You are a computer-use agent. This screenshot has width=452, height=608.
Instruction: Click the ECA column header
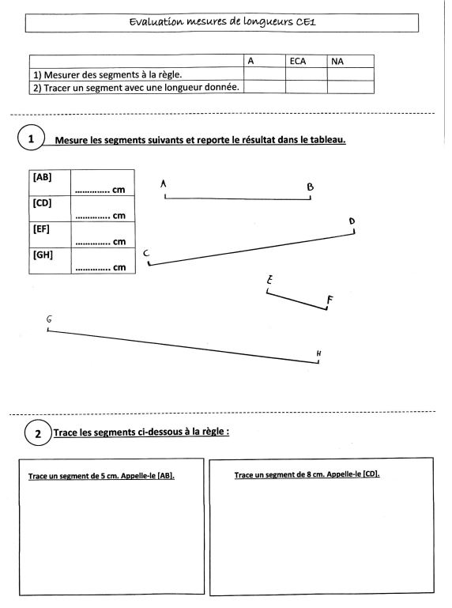pos(298,61)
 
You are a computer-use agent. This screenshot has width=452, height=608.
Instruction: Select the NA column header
pos(337,61)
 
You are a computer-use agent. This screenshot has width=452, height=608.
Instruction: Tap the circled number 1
pos(31,138)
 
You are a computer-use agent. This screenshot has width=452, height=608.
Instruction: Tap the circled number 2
pos(38,432)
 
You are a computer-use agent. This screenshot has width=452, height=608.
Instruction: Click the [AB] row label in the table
pos(42,177)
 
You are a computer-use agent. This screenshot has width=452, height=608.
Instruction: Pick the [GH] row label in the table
pos(43,255)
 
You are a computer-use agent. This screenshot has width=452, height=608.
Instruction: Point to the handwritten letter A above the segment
pos(164,183)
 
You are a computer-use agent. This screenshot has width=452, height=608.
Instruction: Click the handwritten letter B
pos(310,187)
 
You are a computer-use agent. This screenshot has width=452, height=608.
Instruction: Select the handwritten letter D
pos(352,221)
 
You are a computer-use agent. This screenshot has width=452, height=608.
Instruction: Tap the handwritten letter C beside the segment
pos(146,253)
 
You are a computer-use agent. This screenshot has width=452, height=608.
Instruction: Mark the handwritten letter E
pos(269,280)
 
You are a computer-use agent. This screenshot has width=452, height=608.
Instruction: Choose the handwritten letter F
pos(330,300)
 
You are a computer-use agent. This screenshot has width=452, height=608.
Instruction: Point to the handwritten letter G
pos(49,319)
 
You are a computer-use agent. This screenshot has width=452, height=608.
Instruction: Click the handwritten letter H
pos(318,353)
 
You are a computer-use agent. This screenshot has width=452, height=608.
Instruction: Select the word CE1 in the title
pos(306,21)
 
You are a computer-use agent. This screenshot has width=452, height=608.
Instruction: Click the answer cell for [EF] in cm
pos(103,235)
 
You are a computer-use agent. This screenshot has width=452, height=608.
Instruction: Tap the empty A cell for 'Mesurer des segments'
pos(265,74)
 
